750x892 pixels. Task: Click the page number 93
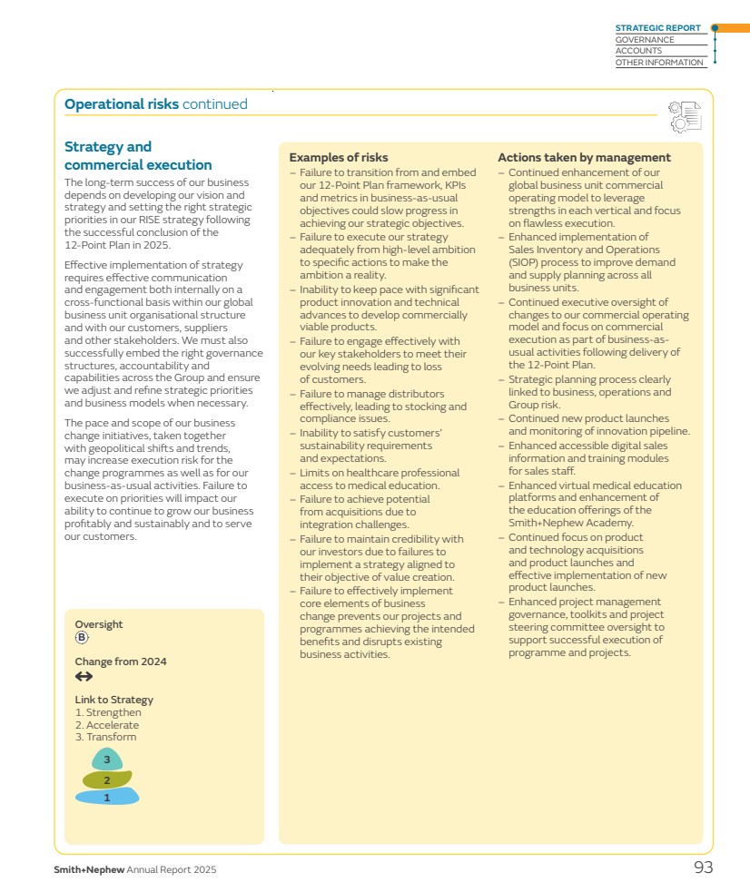pyautogui.click(x=703, y=867)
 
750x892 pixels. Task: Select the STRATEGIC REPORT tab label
pyautogui.click(x=657, y=28)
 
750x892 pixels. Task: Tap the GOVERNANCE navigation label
pyautogui.click(x=645, y=40)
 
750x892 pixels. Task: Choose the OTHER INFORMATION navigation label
pyautogui.click(x=659, y=63)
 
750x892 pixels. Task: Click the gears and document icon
pyautogui.click(x=685, y=116)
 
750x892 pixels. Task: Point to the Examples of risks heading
pyautogui.click(x=338, y=158)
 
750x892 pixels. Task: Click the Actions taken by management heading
pyautogui.click(x=584, y=158)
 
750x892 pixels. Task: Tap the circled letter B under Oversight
pyautogui.click(x=82, y=638)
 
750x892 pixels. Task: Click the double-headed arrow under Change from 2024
pyautogui.click(x=84, y=677)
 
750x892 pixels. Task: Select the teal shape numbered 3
pyautogui.click(x=107, y=760)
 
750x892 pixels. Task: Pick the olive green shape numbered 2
pyautogui.click(x=107, y=779)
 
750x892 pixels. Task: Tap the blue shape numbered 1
pyautogui.click(x=107, y=798)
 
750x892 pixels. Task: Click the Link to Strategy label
pyautogui.click(x=113, y=700)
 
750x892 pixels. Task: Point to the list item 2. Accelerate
pyautogui.click(x=107, y=725)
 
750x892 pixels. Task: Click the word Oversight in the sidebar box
pyautogui.click(x=98, y=624)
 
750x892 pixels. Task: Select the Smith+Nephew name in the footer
pyautogui.click(x=89, y=870)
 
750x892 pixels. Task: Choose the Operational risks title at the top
pyautogui.click(x=121, y=104)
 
